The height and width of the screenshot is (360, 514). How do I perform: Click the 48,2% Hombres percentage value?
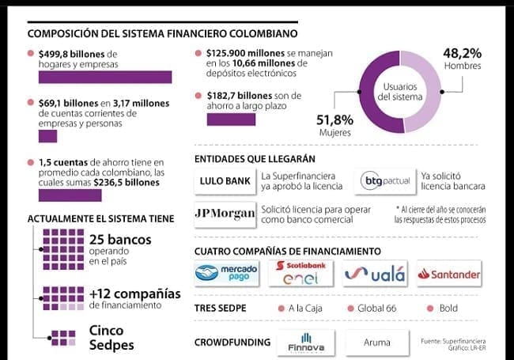coord(462,53)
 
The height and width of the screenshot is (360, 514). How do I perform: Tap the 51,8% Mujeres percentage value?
coord(334,119)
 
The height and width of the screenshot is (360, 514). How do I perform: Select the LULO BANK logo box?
coord(225,181)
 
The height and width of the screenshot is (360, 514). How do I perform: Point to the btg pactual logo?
coord(386,181)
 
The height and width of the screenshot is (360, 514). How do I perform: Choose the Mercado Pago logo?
coord(227,274)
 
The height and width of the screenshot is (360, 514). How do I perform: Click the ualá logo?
coord(376,274)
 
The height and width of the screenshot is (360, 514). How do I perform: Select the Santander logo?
coord(449,274)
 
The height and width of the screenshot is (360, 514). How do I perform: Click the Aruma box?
coord(377,343)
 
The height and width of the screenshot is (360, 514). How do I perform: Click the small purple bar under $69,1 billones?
coord(47,135)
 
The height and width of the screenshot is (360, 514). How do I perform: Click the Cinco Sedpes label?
coord(111,338)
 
